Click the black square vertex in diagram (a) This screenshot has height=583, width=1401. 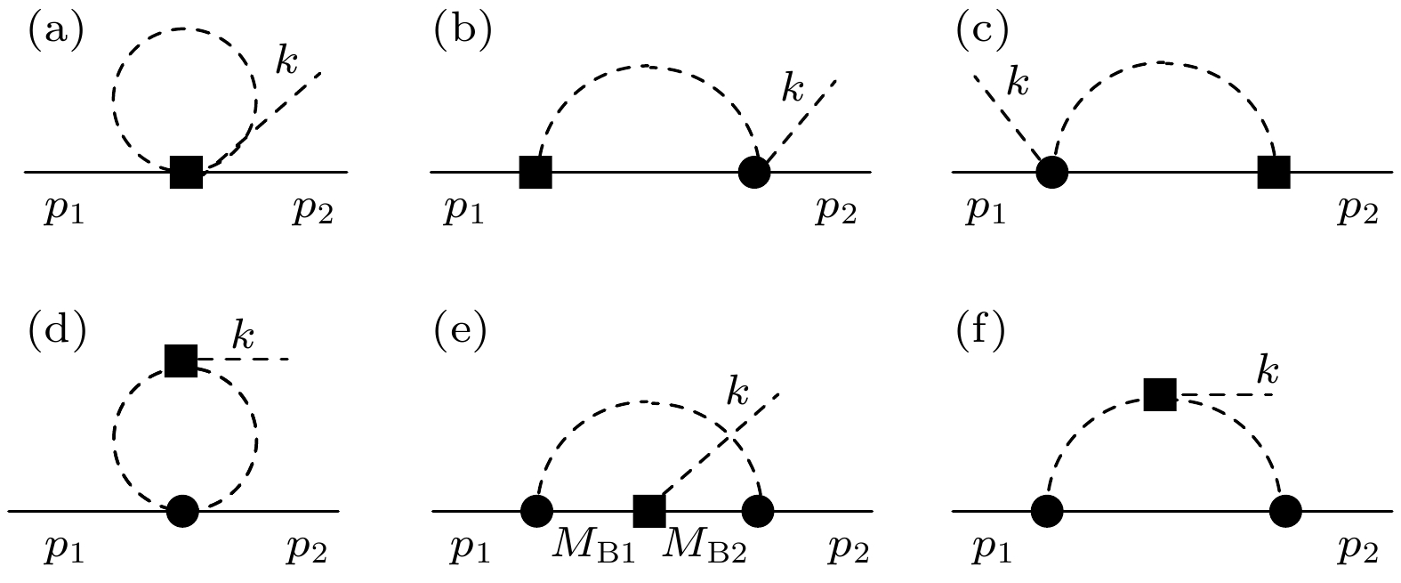coord(187,171)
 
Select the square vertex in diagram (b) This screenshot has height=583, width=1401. coord(535,171)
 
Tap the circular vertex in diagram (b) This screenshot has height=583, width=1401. coord(754,171)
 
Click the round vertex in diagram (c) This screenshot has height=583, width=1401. coord(1052,171)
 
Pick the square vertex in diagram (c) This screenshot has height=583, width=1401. coord(1274,171)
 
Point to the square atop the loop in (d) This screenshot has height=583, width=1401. coord(181,360)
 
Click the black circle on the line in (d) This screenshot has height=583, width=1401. coord(182,511)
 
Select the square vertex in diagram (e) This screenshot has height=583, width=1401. coord(649,511)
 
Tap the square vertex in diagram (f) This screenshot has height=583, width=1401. coord(1160,393)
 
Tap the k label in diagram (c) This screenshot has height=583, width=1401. coord(1017,84)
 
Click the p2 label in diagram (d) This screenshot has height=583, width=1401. coord(306,551)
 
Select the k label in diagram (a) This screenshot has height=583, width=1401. coord(286,61)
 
